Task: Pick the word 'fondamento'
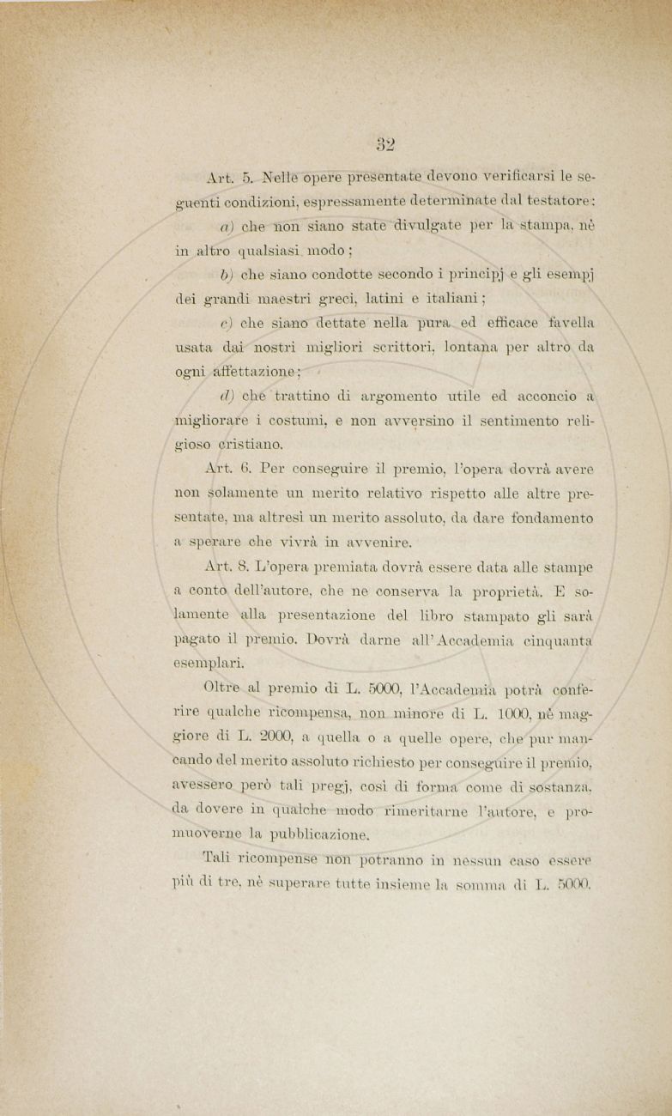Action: tap(551, 518)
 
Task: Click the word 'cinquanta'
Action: tap(559, 639)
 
